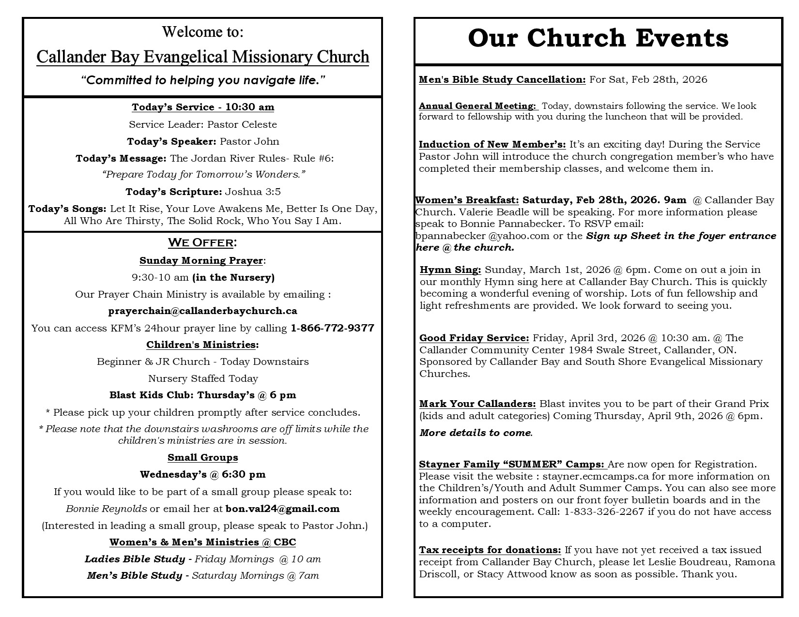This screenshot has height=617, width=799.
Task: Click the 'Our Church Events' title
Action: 598,38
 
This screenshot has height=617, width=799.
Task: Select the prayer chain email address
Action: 203,311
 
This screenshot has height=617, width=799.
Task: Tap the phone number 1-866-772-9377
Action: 332,328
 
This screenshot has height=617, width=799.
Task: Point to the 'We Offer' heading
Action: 202,242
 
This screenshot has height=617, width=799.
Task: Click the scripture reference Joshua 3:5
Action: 253,192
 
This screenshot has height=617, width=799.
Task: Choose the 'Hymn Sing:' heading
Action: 450,270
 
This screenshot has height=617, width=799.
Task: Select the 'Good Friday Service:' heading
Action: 474,338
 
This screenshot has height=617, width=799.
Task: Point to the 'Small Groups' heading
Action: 203,457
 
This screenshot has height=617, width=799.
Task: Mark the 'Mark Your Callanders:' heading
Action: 477,404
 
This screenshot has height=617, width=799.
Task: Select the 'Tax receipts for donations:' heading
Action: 490,550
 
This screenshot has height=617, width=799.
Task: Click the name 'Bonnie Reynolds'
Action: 107,509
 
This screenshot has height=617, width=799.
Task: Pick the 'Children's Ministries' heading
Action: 201,345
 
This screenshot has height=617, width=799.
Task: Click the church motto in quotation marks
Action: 203,80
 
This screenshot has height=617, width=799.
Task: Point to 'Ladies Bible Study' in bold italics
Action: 135,559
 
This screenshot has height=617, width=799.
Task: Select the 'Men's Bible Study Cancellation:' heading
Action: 502,79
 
